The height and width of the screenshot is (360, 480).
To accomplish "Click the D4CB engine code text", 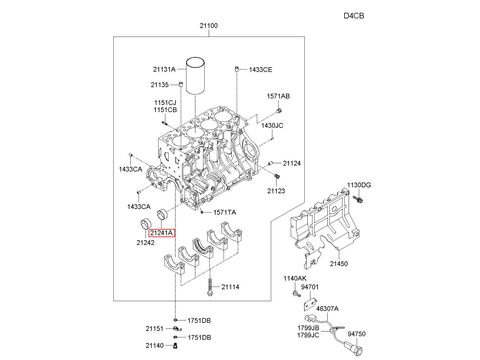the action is click(x=354, y=16).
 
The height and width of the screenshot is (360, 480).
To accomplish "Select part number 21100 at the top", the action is click(x=209, y=26).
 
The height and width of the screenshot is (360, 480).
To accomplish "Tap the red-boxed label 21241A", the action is click(x=162, y=233).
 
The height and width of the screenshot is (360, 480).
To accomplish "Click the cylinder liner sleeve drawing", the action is click(x=195, y=76).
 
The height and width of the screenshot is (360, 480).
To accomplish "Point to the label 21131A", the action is click(x=164, y=70).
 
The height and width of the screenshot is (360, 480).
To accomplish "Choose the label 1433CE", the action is click(x=260, y=70).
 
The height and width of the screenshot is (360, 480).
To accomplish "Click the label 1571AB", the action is click(x=278, y=96).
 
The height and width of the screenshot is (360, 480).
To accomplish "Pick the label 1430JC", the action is click(x=272, y=126).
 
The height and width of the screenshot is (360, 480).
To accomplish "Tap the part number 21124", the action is click(x=292, y=163).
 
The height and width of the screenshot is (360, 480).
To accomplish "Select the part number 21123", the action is click(x=276, y=191).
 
